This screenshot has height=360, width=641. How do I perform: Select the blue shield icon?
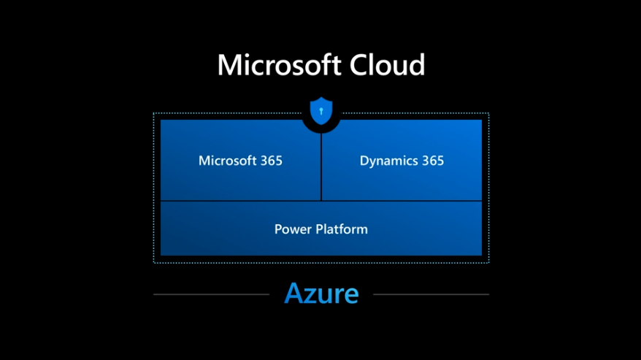pyautogui.click(x=320, y=111)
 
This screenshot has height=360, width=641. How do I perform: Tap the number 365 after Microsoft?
pyautogui.click(x=267, y=161)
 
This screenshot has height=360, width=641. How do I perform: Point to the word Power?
pyautogui.click(x=291, y=229)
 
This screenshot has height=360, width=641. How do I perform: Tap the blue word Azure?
pyautogui.click(x=321, y=294)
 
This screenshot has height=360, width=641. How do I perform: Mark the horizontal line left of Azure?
pyautogui.click(x=211, y=294)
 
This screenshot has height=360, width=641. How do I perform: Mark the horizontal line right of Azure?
pyautogui.click(x=431, y=294)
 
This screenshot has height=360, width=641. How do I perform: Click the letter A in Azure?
pyautogui.click(x=294, y=294)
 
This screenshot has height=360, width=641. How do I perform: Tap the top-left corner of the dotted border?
pyautogui.click(x=154, y=114)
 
